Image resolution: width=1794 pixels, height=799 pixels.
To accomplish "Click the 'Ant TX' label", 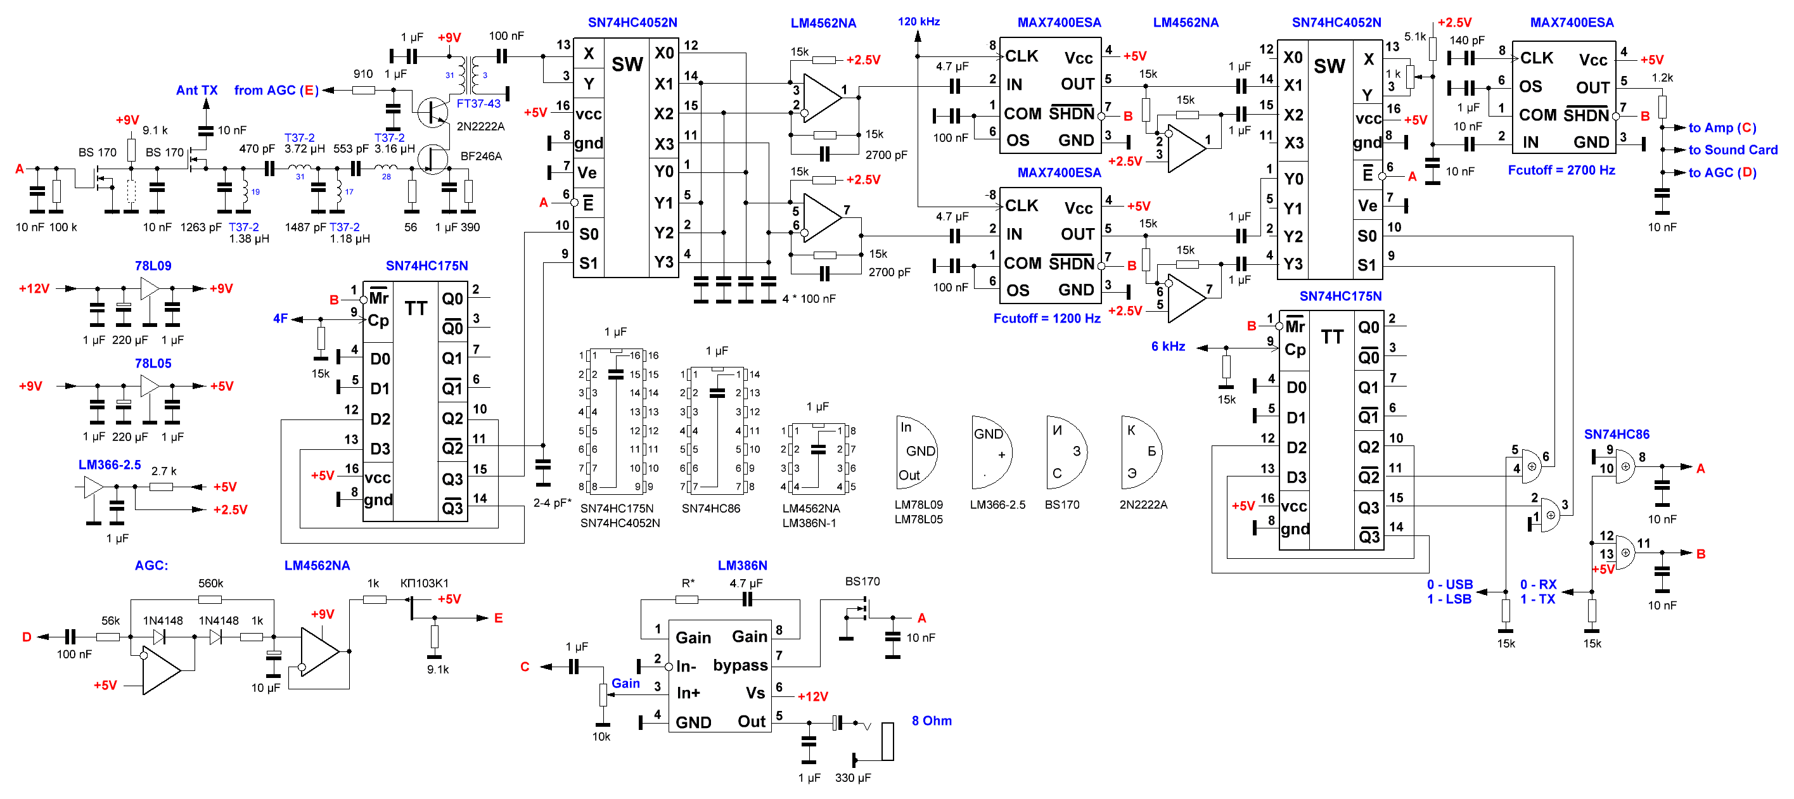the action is point(196,90).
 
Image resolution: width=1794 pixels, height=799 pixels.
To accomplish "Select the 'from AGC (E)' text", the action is point(276,90).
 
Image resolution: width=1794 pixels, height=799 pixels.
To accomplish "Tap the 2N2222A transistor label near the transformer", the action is point(480,126).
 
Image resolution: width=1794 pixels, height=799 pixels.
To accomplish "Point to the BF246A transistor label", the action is point(481,156).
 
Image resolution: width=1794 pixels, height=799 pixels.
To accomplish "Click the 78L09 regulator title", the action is point(153,265).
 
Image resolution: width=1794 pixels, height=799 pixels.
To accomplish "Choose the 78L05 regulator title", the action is point(153,363).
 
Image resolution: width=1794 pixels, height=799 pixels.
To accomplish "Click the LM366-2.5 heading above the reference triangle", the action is point(110,464).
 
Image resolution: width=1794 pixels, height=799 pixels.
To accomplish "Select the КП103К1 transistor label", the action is point(424,583).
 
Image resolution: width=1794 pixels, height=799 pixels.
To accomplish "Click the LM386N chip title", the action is point(743,565).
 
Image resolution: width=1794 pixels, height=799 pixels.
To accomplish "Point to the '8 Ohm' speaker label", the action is point(932,720).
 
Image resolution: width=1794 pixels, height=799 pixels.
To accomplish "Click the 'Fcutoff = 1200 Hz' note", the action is point(1047,318).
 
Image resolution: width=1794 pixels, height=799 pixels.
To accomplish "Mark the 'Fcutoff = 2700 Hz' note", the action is point(1561,170).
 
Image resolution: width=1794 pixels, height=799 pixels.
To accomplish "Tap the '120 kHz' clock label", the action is point(919,22).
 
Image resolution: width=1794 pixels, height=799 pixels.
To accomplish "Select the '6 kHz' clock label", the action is point(1168,346).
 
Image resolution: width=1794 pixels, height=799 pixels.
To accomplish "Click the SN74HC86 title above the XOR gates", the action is point(1617,434).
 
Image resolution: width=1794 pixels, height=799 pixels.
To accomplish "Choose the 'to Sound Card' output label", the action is point(1733,150).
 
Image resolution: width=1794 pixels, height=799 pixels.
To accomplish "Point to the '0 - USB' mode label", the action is point(1450,584).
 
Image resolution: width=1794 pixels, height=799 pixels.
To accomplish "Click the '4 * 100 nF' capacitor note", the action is point(809,299).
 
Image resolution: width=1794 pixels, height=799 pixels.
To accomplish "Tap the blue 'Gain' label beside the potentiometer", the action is point(625,684).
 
